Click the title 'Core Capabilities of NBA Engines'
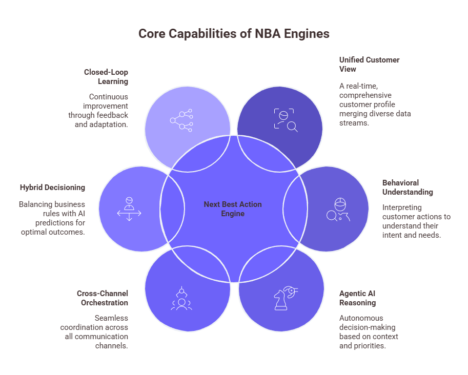click(x=234, y=34)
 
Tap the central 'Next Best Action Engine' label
click(x=233, y=209)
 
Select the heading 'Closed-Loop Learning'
click(x=106, y=77)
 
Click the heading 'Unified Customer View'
click(x=369, y=65)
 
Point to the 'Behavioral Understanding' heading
click(x=408, y=187)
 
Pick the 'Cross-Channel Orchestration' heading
click(x=103, y=298)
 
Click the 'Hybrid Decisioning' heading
click(x=52, y=187)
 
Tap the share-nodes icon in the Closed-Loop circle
click(x=181, y=120)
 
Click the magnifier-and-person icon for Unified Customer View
click(x=286, y=120)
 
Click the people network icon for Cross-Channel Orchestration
click(x=181, y=299)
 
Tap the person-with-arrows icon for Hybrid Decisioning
click(x=129, y=209)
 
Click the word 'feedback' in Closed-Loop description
click(x=113, y=115)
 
